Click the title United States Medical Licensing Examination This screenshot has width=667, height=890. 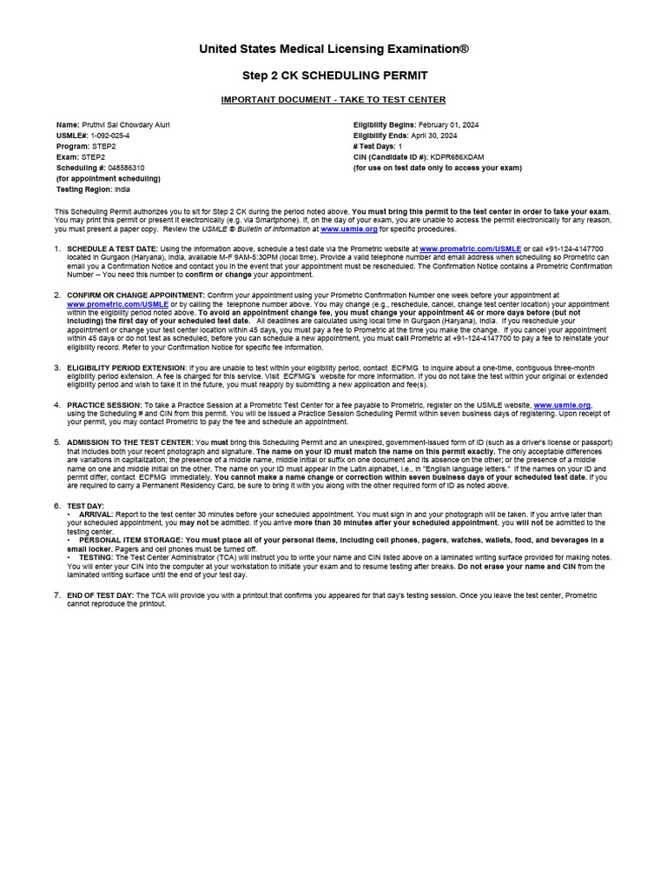[333, 49]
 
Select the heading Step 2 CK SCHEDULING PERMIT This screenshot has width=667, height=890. [333, 76]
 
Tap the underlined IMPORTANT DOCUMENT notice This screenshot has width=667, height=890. [333, 100]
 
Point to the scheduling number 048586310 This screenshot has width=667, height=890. [127, 168]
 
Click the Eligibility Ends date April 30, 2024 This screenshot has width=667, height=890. [434, 136]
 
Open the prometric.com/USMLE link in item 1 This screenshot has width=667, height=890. [470, 249]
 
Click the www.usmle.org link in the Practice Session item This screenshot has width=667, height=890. [562, 405]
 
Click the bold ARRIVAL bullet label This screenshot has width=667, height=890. [96, 515]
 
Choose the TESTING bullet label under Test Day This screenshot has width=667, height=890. [96, 557]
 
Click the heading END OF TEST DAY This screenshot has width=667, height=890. [100, 595]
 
